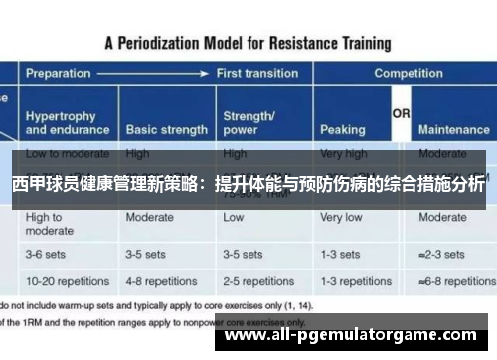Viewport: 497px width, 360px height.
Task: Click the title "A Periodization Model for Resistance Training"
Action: (x=248, y=44)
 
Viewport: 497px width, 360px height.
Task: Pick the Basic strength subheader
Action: (x=166, y=130)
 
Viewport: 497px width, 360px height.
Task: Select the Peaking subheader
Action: (x=342, y=130)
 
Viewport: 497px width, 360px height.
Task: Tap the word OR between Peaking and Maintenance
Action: (x=401, y=114)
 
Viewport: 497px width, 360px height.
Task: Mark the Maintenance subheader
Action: (x=453, y=130)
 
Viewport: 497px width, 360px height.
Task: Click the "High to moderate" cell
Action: (x=50, y=224)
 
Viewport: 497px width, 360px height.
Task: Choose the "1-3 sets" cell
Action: (x=341, y=255)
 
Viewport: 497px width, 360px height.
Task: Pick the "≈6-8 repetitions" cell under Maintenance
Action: (x=454, y=281)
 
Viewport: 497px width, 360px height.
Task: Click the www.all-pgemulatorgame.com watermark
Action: (x=355, y=336)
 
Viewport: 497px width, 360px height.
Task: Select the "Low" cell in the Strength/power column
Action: (x=234, y=217)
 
